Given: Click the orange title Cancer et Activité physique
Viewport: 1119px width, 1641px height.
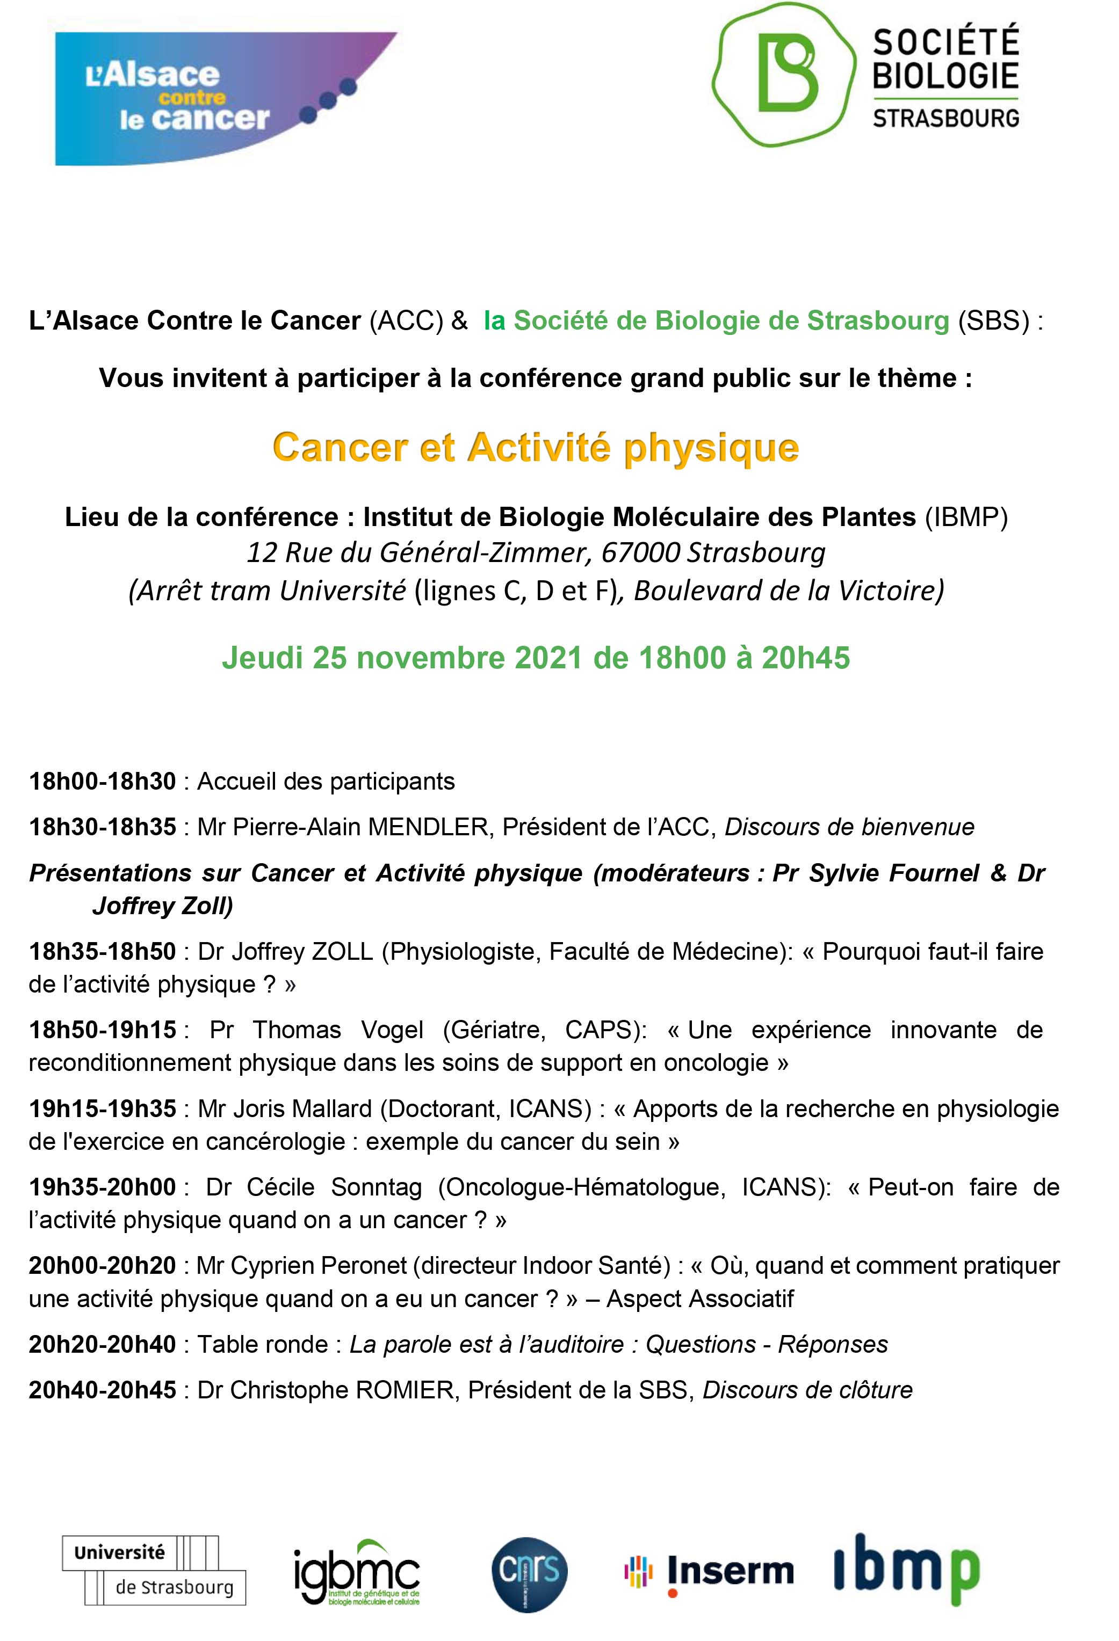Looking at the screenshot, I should point(536,448).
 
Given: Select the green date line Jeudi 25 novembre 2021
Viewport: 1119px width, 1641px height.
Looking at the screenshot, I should point(536,658).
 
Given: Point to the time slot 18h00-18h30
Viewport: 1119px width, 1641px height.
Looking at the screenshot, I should point(103,782).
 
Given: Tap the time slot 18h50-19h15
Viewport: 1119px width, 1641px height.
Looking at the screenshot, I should point(103,1030).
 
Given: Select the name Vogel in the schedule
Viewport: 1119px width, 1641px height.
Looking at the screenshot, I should point(392,1030).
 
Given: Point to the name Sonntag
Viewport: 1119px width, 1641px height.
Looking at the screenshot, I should point(376,1188).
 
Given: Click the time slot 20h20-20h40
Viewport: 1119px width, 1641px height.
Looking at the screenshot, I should point(103,1345).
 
